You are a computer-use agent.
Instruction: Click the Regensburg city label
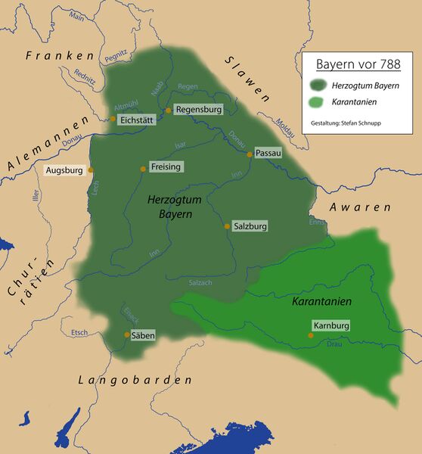pos(198,110)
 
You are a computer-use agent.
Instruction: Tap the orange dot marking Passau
pos(250,154)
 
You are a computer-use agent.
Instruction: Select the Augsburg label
pos(64,170)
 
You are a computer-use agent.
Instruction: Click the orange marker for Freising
pos(142,168)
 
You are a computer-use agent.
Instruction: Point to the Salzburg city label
pos(251,226)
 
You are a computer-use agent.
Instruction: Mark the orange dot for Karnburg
pos(310,334)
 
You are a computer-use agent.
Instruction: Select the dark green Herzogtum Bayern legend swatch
pos(321,85)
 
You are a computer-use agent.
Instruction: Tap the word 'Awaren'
pos(360,207)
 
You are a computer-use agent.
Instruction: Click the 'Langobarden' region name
pos(135,381)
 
